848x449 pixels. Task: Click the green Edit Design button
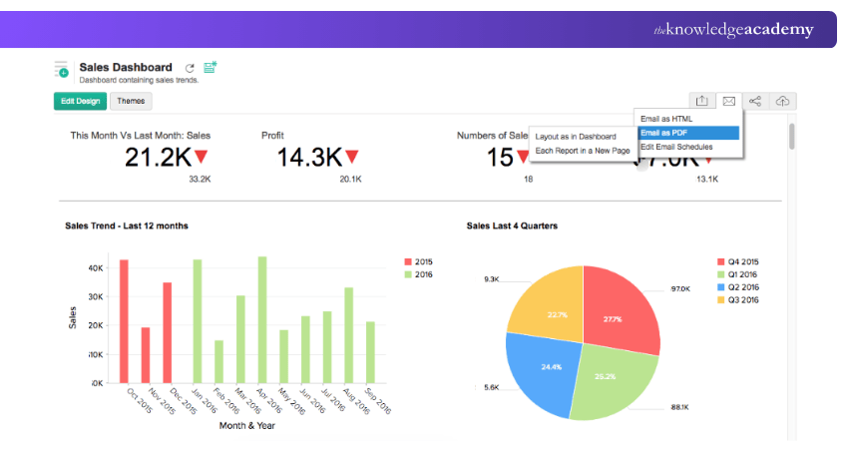[x=80, y=101]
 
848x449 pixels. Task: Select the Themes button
[x=131, y=101]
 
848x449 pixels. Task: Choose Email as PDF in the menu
[x=686, y=132]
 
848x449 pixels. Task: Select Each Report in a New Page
[x=582, y=151]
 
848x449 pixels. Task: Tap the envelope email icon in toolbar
[x=729, y=101]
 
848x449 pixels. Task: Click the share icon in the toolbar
[x=755, y=101]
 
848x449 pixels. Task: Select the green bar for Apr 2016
[x=262, y=320]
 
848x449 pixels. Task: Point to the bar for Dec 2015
[x=168, y=333]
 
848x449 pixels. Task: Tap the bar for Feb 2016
[x=218, y=362]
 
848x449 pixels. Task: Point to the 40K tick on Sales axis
[x=97, y=268]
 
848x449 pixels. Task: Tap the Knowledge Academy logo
[x=733, y=30]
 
